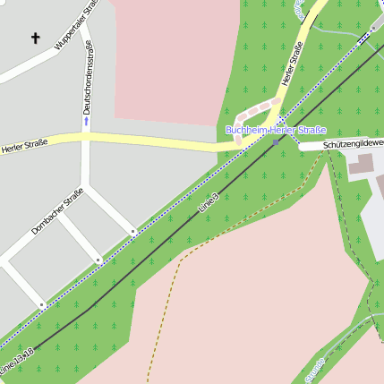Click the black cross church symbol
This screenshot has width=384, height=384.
click(36, 38)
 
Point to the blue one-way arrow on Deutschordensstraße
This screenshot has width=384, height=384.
click(87, 120)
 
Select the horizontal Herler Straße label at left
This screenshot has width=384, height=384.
click(23, 144)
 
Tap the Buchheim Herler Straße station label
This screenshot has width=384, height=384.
click(276, 130)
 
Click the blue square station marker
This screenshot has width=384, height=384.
click(276, 141)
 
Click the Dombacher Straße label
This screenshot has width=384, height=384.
click(57, 211)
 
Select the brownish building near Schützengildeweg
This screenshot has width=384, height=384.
click(360, 164)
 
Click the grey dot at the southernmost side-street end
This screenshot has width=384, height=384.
click(41, 305)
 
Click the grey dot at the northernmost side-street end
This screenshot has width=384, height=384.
click(133, 232)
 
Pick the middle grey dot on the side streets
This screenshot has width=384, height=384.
click(98, 260)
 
